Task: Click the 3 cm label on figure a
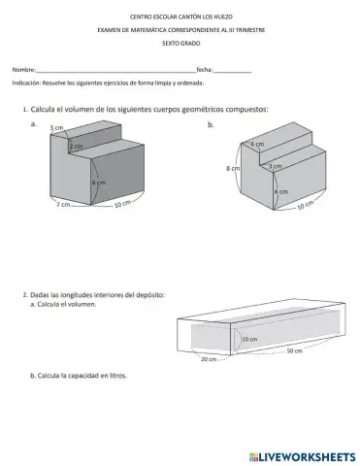click(x=57, y=128)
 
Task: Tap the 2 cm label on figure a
click(x=76, y=147)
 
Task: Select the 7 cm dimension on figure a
click(x=63, y=205)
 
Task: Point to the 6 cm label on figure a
click(x=99, y=183)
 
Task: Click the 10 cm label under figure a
click(x=122, y=204)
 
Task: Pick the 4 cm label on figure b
click(x=257, y=144)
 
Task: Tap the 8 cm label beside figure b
click(x=233, y=168)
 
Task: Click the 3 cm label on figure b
click(x=276, y=166)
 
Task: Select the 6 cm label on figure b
click(x=281, y=191)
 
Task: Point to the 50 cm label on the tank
click(x=294, y=350)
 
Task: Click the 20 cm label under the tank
click(x=209, y=359)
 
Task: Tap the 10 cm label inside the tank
click(x=249, y=339)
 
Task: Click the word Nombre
click(x=23, y=70)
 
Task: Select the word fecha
click(x=205, y=70)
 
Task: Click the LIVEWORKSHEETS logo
click(x=303, y=457)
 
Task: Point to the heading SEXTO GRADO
click(x=181, y=44)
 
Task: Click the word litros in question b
click(x=118, y=376)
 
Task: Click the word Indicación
click(x=26, y=83)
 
